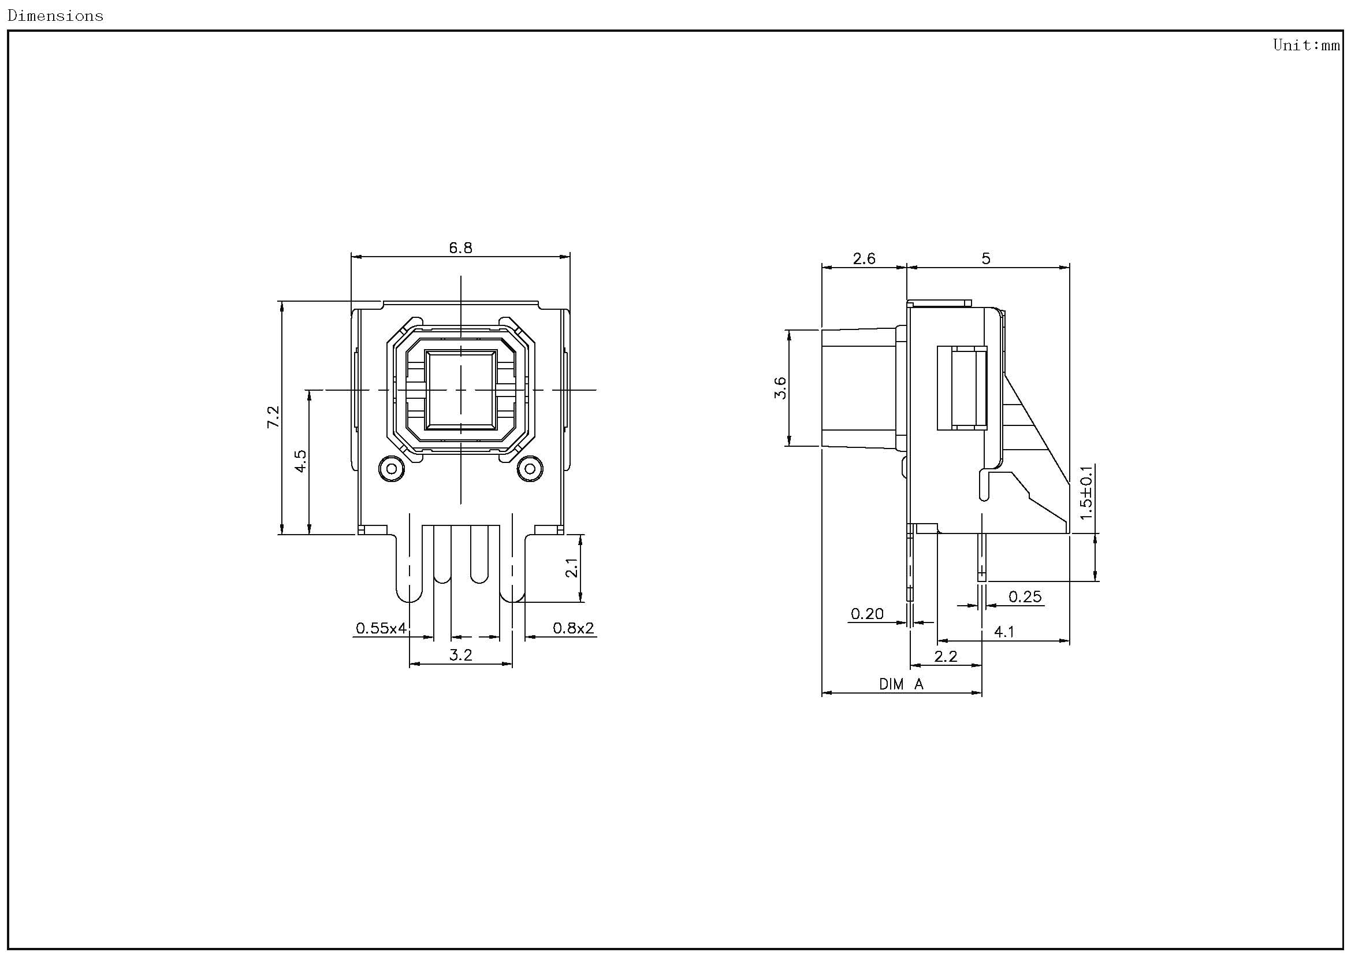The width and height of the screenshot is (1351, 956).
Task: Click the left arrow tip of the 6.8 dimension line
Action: tap(351, 257)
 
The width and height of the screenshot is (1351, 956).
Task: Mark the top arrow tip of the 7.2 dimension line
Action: tap(282, 302)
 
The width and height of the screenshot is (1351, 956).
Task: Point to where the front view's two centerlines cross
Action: tap(461, 390)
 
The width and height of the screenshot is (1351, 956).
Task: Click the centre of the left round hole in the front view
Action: tap(391, 469)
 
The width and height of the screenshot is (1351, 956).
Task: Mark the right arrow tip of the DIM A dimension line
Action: tap(982, 693)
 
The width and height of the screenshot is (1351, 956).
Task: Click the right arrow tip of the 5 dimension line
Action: tap(1069, 268)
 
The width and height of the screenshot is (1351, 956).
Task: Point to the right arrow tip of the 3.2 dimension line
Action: tap(512, 664)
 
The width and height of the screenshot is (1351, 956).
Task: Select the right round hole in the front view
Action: tap(530, 469)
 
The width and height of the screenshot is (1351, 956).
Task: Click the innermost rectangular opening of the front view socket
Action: tap(461, 390)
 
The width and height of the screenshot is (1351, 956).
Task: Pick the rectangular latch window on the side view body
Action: tap(962, 388)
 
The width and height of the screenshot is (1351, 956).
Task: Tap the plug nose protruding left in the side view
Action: tap(859, 388)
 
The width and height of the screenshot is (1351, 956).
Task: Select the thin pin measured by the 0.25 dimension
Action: tap(982, 557)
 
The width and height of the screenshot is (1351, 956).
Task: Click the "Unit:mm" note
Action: tap(1307, 45)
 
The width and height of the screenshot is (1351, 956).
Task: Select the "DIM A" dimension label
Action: tap(902, 684)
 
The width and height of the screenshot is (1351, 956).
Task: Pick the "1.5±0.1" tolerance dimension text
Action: tap(1086, 492)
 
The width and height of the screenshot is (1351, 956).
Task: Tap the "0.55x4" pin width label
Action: tap(381, 628)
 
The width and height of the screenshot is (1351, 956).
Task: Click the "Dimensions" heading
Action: tap(55, 16)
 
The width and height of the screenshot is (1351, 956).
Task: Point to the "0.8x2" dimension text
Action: tap(573, 628)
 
